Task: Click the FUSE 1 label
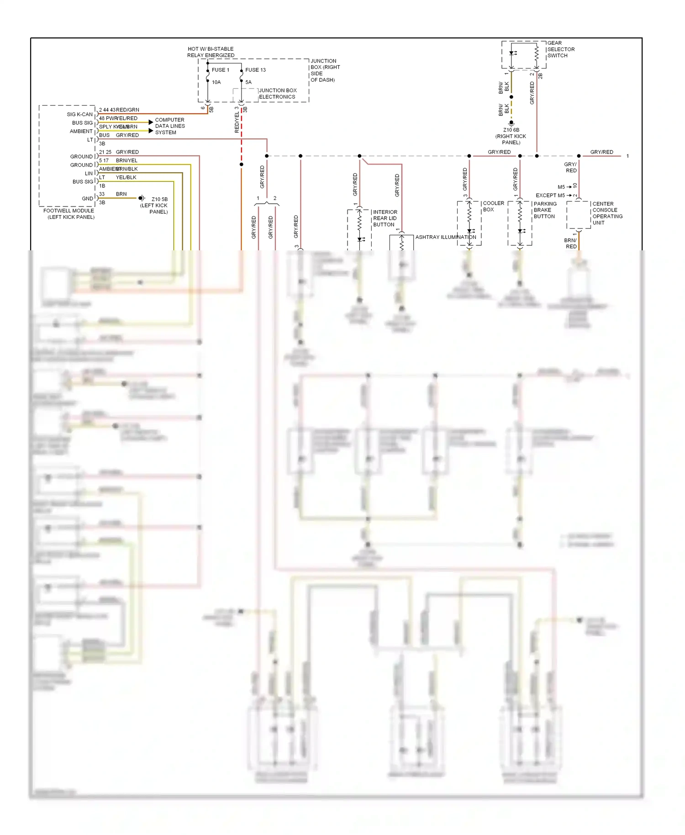pos(220,70)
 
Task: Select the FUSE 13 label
pos(255,70)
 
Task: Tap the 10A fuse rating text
pos(216,82)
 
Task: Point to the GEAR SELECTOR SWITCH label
pos(560,49)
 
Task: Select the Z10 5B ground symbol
pos(142,198)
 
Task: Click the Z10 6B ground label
pos(511,136)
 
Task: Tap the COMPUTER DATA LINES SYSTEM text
pos(169,126)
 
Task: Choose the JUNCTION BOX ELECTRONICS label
pos(277,94)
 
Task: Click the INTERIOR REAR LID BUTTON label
pos(385,218)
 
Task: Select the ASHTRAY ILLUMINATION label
pos(445,237)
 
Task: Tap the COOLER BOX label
pos(493,206)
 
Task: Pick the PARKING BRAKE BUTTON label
pos(544,210)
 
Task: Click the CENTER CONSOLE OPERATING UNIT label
pos(606,213)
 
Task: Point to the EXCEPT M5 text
pos(550,196)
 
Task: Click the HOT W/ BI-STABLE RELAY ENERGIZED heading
pos(211,52)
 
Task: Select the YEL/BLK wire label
pos(126,177)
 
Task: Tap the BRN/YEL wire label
pos(126,160)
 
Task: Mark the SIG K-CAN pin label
pos(79,114)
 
